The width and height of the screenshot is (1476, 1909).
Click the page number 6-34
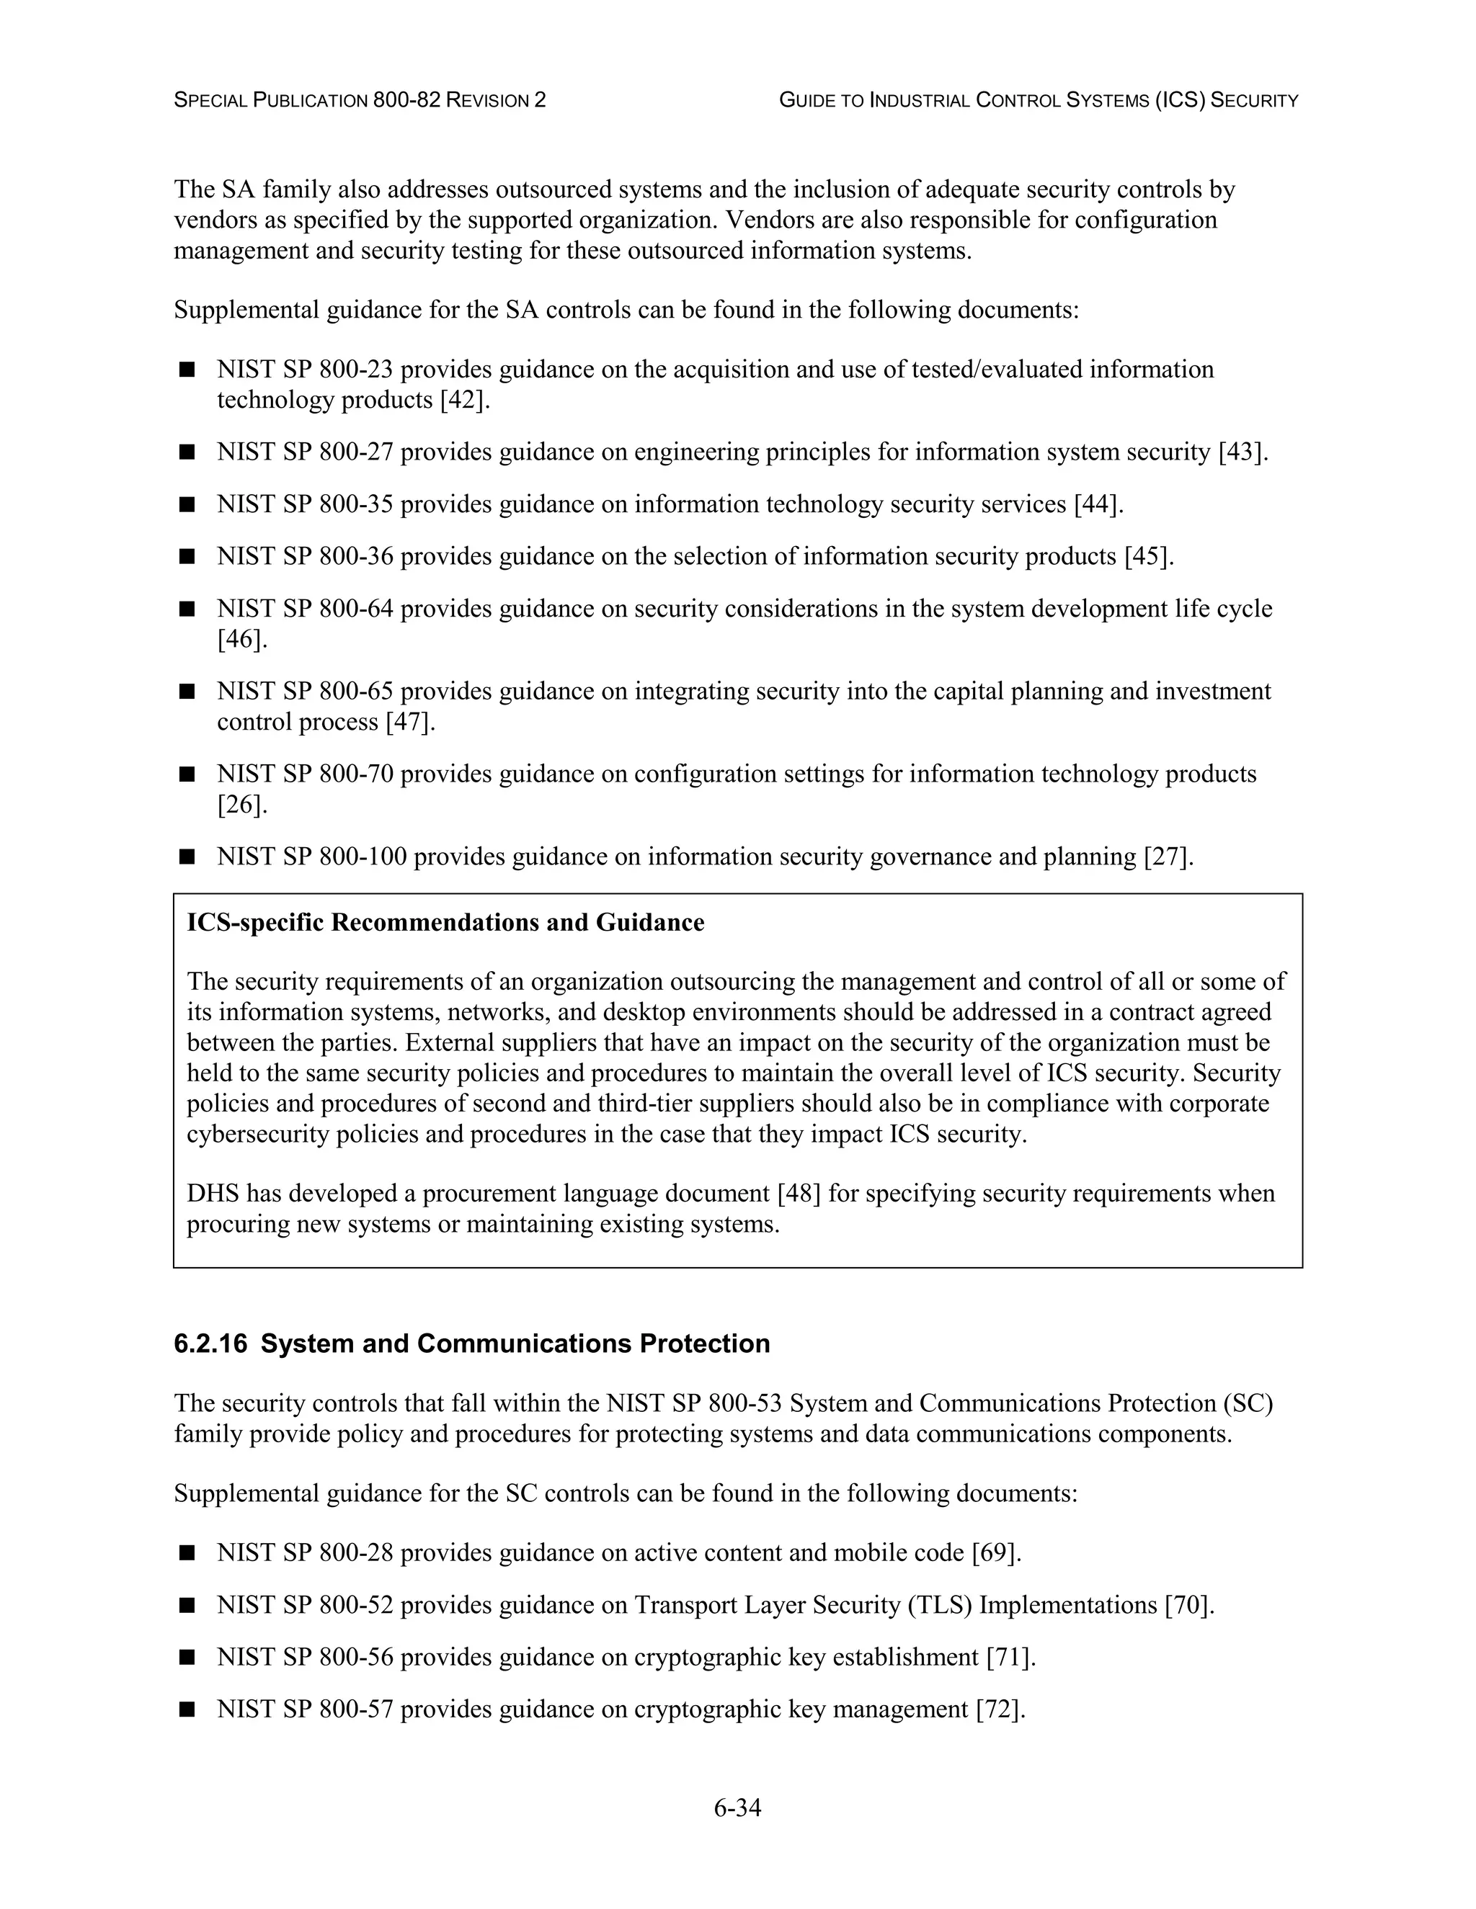737,1807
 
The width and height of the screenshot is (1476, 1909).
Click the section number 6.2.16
210,1344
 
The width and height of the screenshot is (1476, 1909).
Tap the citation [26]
241,804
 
